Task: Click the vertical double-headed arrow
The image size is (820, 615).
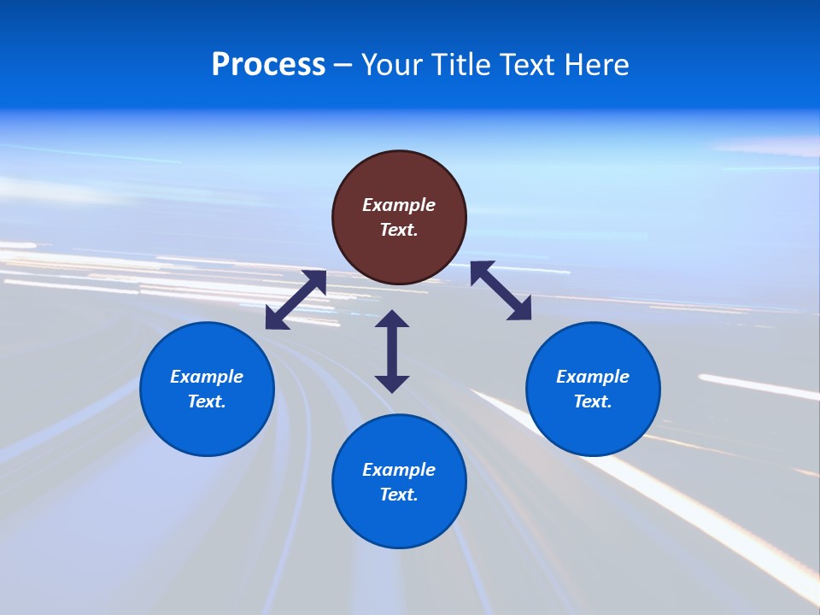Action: [392, 351]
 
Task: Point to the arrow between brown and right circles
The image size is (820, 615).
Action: [501, 290]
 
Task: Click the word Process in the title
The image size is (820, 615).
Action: [268, 65]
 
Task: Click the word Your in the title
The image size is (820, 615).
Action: [392, 65]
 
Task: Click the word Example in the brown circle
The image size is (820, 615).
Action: [399, 205]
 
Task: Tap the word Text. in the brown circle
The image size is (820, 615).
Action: [399, 230]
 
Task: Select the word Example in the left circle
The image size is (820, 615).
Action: [207, 377]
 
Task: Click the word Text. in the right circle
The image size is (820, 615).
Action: [593, 401]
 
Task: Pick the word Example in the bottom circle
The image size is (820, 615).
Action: [399, 470]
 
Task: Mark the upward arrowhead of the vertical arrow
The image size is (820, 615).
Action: [392, 319]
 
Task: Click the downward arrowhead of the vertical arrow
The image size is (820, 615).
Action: [392, 383]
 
